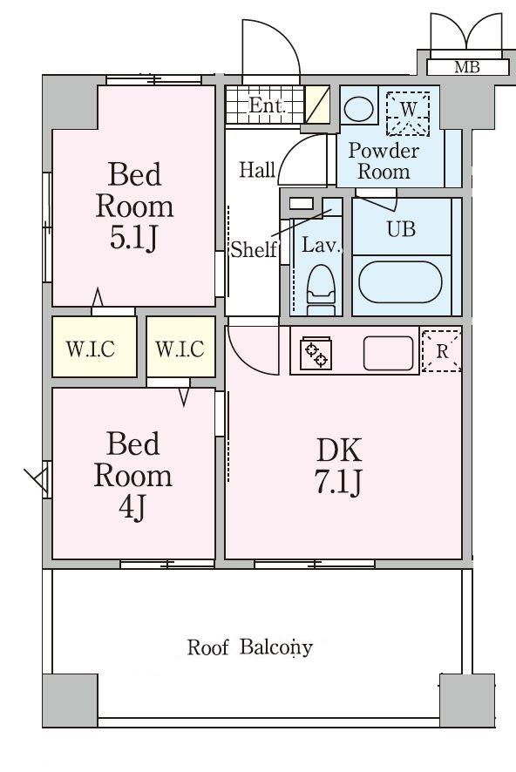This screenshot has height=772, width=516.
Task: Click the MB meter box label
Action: pos(467,66)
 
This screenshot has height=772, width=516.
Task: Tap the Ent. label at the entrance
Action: pos(267,105)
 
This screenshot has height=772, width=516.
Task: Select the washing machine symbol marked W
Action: pos(408,113)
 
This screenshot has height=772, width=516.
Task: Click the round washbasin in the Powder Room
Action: pos(358,108)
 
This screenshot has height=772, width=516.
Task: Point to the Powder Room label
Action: pos(384,161)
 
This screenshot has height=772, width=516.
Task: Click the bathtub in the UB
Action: pos(400,282)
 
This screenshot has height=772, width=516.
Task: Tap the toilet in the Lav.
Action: pos(321,289)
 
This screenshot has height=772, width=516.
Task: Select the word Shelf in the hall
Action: pos(254,249)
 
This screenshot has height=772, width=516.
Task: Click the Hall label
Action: pos(257,171)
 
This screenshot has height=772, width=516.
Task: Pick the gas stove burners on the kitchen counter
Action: pos(316,353)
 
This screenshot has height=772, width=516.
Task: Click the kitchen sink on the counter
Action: pos(388,353)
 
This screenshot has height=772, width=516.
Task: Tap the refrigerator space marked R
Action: pos(442,351)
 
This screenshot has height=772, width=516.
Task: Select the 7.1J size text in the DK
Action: pos(338,482)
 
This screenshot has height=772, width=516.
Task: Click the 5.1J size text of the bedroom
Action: pos(133,238)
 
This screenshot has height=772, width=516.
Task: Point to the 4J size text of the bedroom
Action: pos(132,507)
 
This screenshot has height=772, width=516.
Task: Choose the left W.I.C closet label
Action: pos(91,349)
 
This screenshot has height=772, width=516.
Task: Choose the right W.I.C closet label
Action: pos(180,349)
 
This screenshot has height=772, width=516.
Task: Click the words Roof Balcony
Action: pos(249,647)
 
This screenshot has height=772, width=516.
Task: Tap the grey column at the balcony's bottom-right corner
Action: pos(467,701)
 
